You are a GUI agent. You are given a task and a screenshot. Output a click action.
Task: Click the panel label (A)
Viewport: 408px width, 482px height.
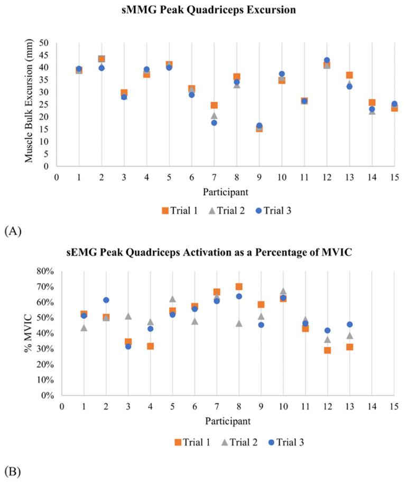point(12,230)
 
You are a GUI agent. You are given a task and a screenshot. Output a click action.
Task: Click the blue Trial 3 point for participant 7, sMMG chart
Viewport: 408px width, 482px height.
point(214,122)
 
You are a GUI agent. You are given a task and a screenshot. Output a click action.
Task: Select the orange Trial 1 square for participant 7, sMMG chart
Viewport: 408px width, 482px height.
point(214,105)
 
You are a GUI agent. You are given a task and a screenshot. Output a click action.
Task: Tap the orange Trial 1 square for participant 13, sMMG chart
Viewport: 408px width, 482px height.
point(349,75)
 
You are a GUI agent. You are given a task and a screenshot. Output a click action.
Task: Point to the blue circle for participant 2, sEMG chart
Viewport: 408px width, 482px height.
point(106,300)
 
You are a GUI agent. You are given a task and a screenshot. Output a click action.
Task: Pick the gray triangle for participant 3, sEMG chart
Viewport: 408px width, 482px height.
point(128,316)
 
